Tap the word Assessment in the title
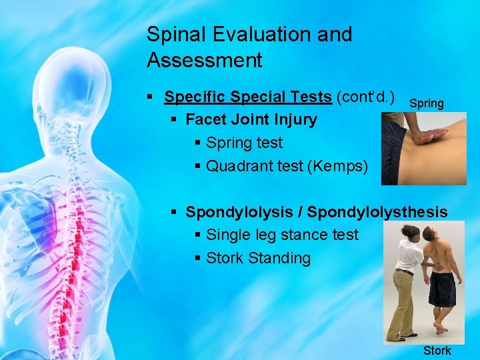[x=205, y=61]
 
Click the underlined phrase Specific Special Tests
[x=248, y=97]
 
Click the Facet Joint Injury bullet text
[x=251, y=120]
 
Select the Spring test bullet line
[x=244, y=143]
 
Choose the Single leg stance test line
[x=282, y=235]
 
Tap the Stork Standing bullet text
[x=258, y=258]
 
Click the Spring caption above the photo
[x=426, y=103]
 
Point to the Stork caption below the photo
[x=437, y=351]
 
